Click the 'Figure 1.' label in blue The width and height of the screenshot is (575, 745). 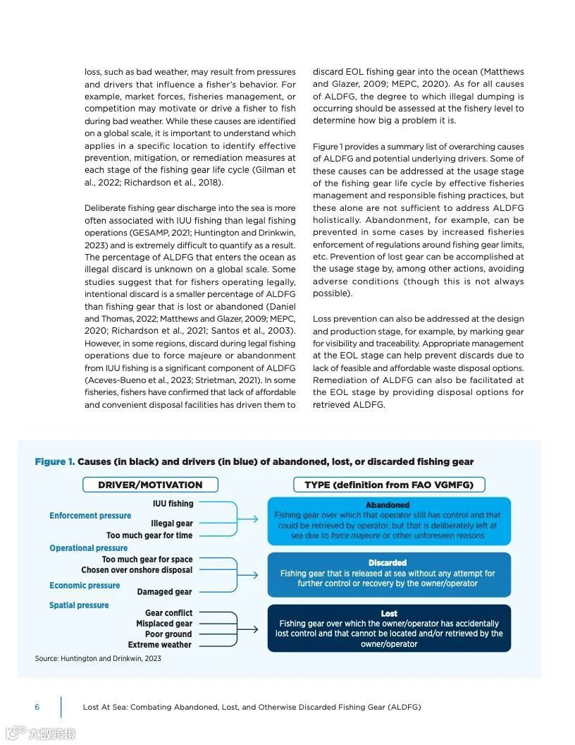pyautogui.click(x=54, y=462)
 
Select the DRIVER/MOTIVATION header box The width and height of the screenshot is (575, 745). pyautogui.click(x=150, y=485)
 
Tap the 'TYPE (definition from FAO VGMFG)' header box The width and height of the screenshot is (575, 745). pyautogui.click(x=389, y=485)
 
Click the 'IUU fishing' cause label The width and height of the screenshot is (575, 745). pyautogui.click(x=173, y=504)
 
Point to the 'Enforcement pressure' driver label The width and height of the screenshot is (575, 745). pyautogui.click(x=90, y=516)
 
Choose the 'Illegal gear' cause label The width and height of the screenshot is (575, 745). pyautogui.click(x=171, y=524)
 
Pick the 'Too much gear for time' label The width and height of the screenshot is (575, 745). pyautogui.click(x=149, y=535)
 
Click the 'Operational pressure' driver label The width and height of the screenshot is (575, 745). pyautogui.click(x=89, y=548)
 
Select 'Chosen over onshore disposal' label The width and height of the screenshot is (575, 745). pyautogui.click(x=137, y=570)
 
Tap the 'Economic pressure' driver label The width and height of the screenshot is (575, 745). pyautogui.click(x=85, y=586)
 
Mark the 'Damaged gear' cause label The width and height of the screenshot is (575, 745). pyautogui.click(x=164, y=592)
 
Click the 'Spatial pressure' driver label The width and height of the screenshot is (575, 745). pyautogui.click(x=79, y=605)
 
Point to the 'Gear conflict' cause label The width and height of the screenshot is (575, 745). pyautogui.click(x=168, y=613)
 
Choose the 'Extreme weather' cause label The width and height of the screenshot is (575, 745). pyautogui.click(x=160, y=645)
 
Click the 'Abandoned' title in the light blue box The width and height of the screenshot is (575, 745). pyautogui.click(x=388, y=505)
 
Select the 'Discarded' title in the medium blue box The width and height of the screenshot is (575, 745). pyautogui.click(x=388, y=563)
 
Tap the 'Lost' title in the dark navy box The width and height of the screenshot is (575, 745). pyautogui.click(x=389, y=614)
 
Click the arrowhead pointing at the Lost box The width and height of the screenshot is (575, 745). pyautogui.click(x=256, y=629)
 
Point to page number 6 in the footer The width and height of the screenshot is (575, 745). pyautogui.click(x=37, y=707)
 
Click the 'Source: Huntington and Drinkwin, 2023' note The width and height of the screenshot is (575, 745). pyautogui.click(x=98, y=659)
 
